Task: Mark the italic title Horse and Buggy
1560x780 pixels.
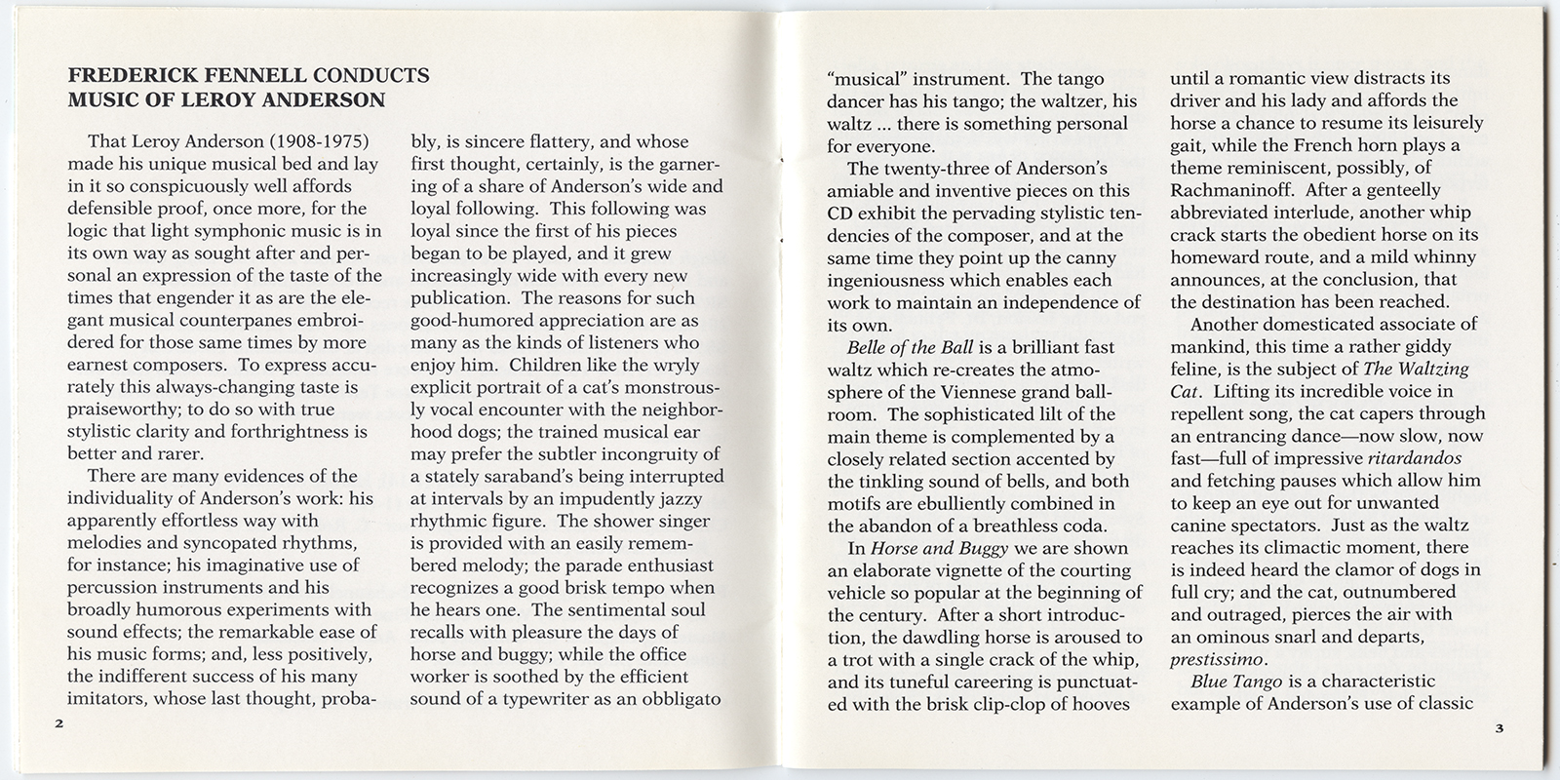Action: tap(935, 548)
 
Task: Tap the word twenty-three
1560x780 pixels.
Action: tap(937, 169)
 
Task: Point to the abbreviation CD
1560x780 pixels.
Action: tap(840, 213)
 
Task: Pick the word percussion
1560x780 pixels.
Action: tap(117, 588)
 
